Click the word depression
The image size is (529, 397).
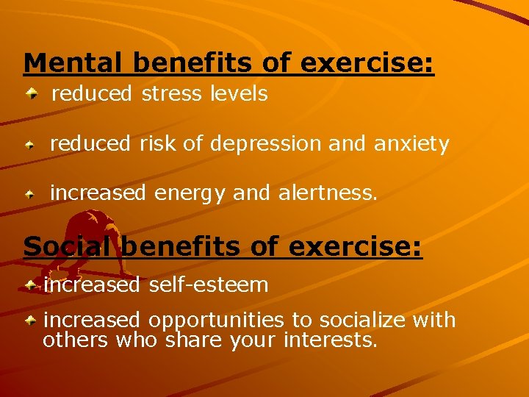266,144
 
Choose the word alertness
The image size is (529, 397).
328,193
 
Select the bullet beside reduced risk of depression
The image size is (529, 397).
30,146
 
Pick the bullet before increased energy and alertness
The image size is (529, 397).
30,195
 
